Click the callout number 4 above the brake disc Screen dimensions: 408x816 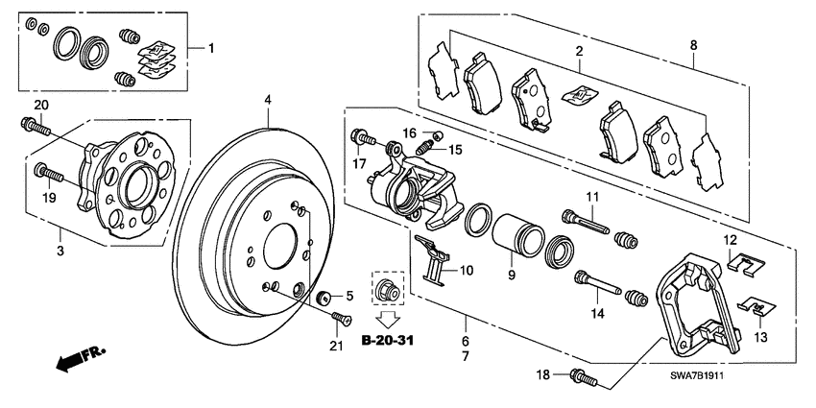point(268,100)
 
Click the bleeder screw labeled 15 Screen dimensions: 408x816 point(423,148)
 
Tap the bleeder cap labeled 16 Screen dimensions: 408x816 point(437,133)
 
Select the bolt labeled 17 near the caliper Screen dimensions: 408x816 point(362,138)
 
